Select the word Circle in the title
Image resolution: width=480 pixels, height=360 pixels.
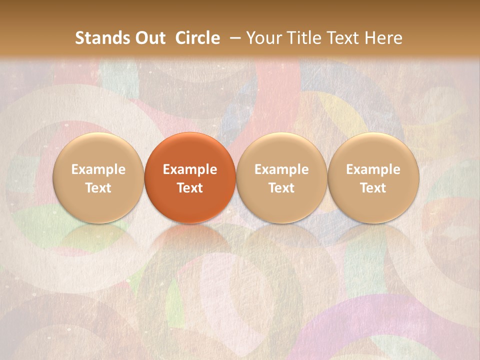pyautogui.click(x=197, y=38)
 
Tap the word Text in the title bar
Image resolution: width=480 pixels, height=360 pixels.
pyautogui.click(x=343, y=38)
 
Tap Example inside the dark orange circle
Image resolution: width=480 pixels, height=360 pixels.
pyautogui.click(x=190, y=169)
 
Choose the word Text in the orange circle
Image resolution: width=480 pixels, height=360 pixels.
pyautogui.click(x=190, y=188)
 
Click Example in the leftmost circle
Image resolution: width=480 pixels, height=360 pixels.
pyautogui.click(x=98, y=169)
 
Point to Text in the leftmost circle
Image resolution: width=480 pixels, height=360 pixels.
pyautogui.click(x=98, y=188)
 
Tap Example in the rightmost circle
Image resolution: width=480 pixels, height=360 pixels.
pyautogui.click(x=373, y=169)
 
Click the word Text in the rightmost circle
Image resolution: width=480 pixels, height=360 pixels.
pyautogui.click(x=373, y=188)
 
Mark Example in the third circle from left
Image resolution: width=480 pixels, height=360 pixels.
pyautogui.click(x=281, y=169)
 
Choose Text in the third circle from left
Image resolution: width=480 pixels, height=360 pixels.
pyautogui.click(x=281, y=188)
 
